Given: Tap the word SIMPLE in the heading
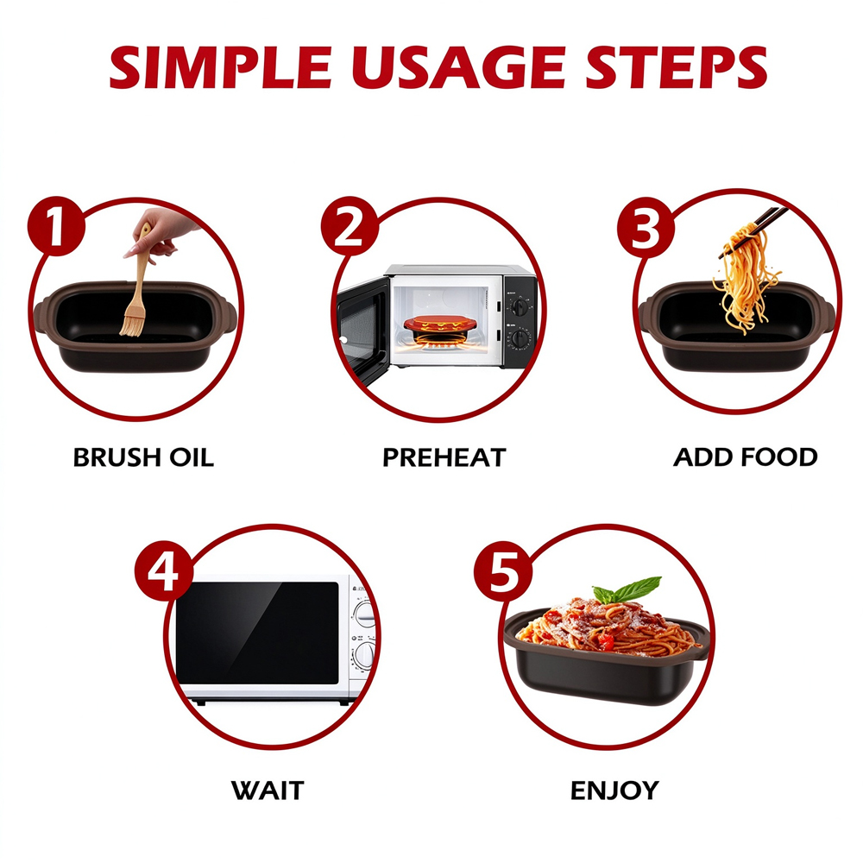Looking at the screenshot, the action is [220, 67].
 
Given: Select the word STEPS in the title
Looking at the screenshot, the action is [677, 67].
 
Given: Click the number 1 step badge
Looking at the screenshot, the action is [56, 226].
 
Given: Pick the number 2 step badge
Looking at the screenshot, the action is [350, 226].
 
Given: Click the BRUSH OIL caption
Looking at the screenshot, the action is [143, 458].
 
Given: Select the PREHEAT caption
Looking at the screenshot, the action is [444, 458].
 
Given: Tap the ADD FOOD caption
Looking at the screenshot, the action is [746, 457].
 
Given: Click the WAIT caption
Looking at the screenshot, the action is [268, 791].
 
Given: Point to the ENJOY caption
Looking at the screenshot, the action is [614, 791].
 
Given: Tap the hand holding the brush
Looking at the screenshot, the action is [160, 231].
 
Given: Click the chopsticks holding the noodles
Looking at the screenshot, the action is [752, 231].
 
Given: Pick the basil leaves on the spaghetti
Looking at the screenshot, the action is [630, 590].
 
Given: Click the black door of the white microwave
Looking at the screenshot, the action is [257, 633].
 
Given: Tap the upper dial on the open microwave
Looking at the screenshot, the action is [520, 306].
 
